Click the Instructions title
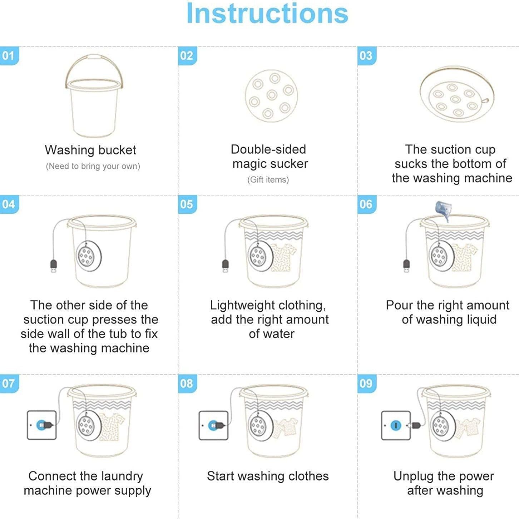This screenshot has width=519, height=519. point(267,14)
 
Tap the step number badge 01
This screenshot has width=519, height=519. point(9,56)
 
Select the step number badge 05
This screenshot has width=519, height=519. point(187,204)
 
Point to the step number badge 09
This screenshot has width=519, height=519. point(367,384)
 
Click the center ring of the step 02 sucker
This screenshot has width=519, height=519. point(272,95)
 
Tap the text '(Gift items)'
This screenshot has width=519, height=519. point(268,180)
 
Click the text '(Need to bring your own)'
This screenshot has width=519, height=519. point(93,166)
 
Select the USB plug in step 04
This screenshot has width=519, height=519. point(54,266)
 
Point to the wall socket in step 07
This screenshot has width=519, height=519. point(42,425)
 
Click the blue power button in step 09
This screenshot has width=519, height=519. point(396,425)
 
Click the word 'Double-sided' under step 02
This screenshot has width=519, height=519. point(268,149)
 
